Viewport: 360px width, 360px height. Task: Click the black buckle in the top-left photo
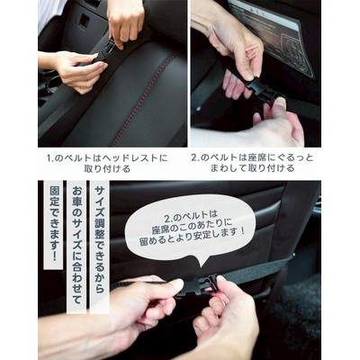[x=104, y=52]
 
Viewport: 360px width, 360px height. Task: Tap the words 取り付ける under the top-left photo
[x=107, y=169]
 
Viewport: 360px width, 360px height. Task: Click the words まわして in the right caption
[x=227, y=169]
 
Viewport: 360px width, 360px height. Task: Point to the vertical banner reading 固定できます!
[x=53, y=224]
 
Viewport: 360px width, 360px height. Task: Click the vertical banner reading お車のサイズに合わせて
[x=76, y=247]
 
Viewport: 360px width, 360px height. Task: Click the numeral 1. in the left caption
[x=50, y=158]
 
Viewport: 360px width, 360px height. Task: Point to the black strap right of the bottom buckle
[x=258, y=269]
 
